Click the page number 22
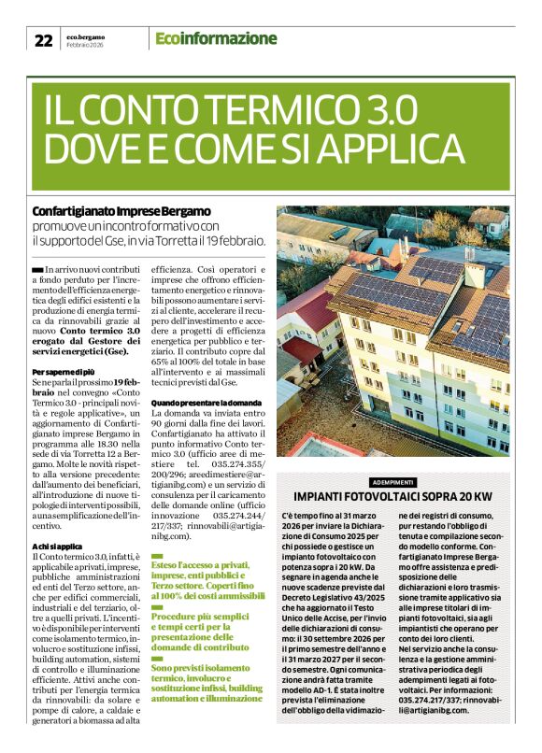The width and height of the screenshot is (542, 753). click(x=43, y=39)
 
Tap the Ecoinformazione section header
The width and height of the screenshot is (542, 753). click(x=216, y=38)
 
